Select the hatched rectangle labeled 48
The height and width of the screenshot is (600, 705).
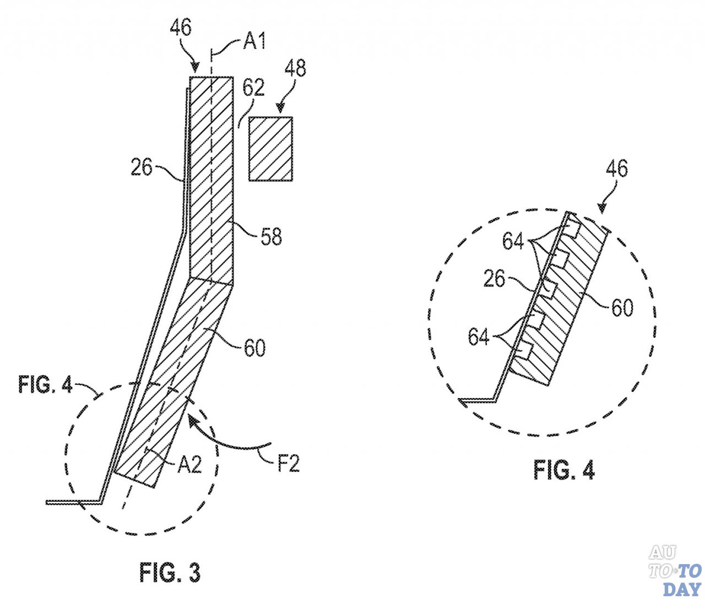(x=270, y=149)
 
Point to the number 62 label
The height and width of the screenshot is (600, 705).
(x=253, y=88)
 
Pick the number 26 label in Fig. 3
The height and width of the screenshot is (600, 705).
(x=142, y=167)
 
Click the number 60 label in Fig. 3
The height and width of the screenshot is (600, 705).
(x=254, y=348)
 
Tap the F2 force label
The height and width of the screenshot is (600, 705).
(x=288, y=464)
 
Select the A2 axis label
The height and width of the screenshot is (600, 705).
(x=189, y=465)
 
